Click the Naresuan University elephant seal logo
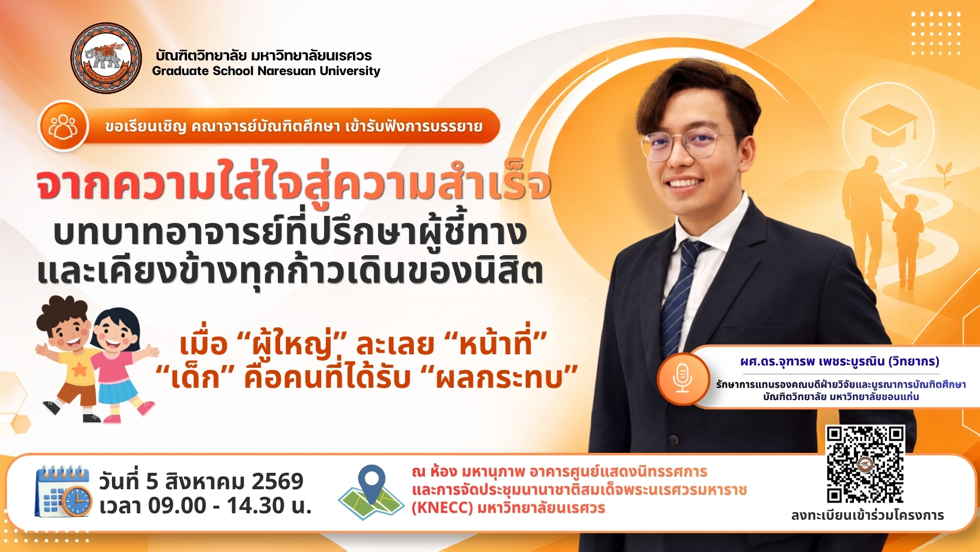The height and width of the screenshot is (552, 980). [106, 58]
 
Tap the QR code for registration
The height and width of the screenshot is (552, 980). [865, 464]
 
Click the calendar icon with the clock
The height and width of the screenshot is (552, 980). [63, 491]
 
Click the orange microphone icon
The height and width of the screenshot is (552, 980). [682, 379]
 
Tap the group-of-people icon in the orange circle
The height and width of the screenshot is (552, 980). [63, 126]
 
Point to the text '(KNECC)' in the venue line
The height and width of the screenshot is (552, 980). [443, 508]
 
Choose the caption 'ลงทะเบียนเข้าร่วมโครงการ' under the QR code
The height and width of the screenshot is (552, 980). [867, 515]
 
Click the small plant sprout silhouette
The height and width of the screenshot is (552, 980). [946, 174]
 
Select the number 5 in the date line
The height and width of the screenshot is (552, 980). [152, 481]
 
